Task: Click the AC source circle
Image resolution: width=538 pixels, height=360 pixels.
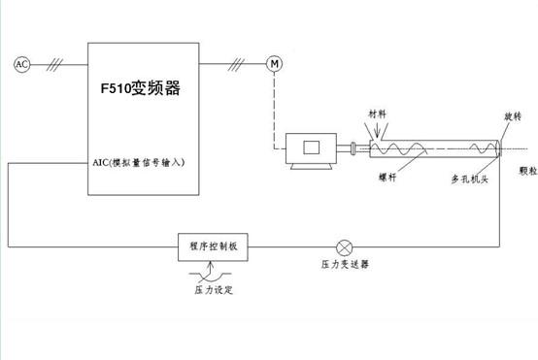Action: pos(21,64)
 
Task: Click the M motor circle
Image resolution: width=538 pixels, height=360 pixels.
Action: pos(274,64)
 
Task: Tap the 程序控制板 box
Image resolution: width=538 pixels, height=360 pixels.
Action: pos(214,246)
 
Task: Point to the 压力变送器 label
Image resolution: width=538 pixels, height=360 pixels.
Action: pos(345,264)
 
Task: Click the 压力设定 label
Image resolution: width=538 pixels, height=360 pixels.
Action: pos(214,289)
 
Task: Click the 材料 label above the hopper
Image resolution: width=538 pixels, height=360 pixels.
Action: pos(377,115)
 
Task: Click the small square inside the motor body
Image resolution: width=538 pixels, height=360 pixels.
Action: pos(312,147)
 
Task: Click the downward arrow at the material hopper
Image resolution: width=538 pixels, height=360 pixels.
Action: pos(377,132)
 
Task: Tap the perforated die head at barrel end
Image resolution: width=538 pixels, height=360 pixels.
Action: pos(498,148)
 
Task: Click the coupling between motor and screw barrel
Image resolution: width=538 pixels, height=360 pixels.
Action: pos(353,148)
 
